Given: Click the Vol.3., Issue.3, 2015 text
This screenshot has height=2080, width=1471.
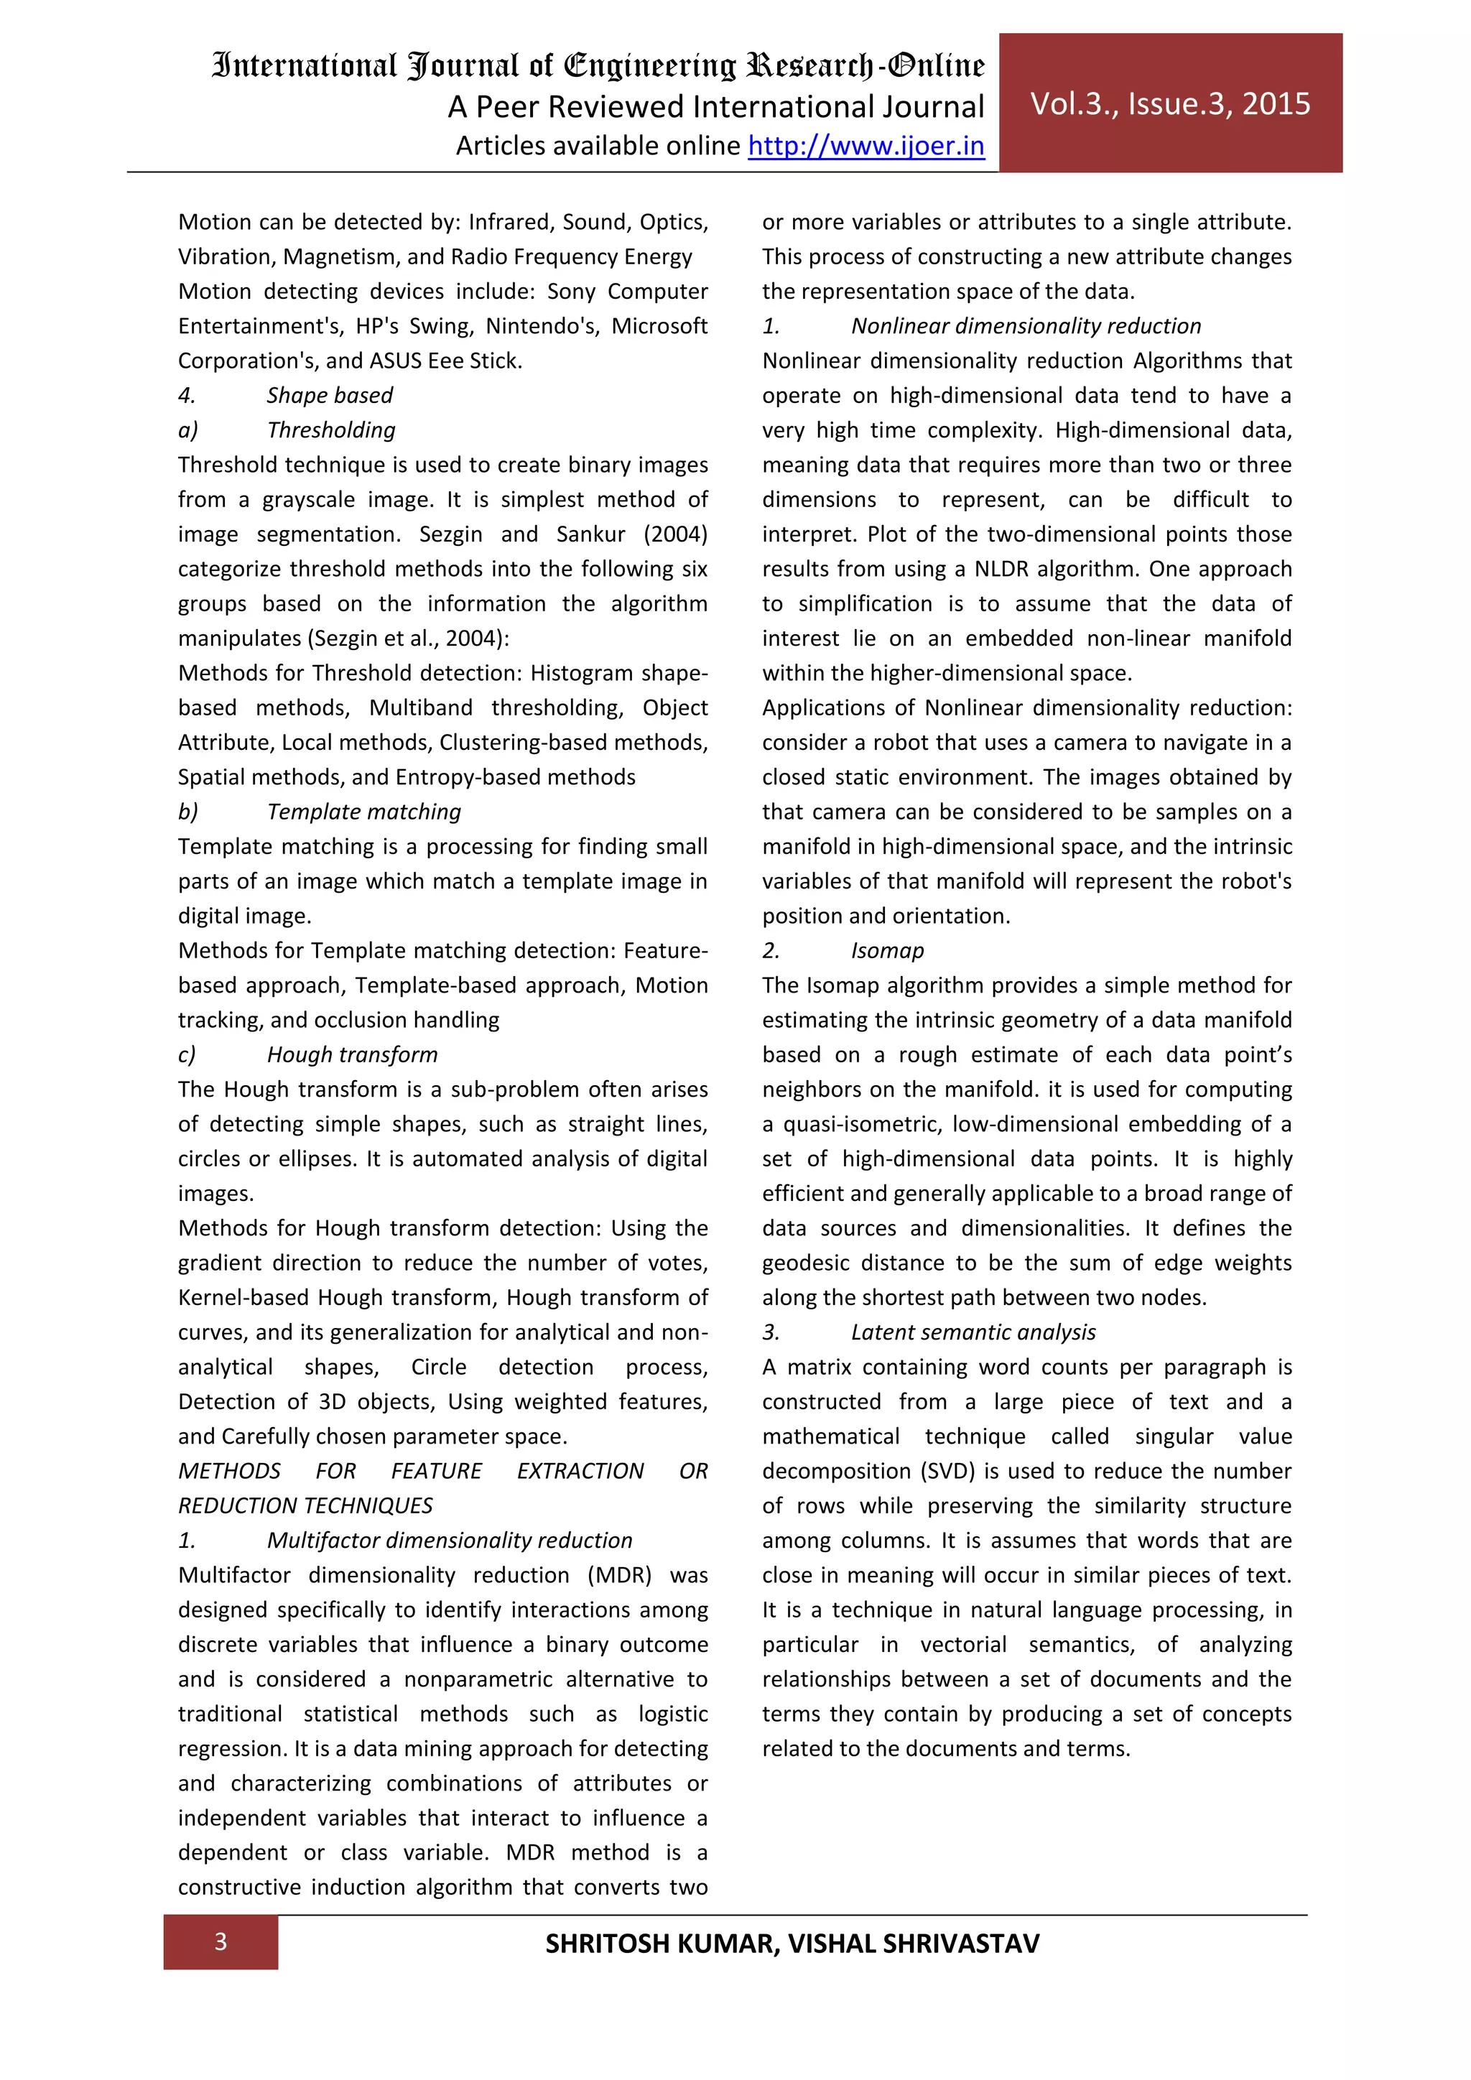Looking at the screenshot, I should tap(1169, 104).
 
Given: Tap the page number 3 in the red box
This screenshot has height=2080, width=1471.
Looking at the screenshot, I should tap(220, 1941).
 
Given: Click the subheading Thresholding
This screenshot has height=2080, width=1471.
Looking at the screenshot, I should tap(330, 430).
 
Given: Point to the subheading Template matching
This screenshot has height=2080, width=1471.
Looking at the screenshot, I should tap(363, 812).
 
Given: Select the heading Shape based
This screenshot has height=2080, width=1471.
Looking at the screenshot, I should tap(330, 396).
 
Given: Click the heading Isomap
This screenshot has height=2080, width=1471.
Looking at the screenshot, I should tap(887, 950).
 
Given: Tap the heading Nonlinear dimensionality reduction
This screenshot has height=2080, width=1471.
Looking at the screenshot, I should tap(1026, 326).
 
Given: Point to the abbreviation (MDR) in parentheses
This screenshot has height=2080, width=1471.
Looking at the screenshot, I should tap(620, 1574).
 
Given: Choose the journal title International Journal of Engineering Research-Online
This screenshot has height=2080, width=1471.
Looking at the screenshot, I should tap(598, 66).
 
